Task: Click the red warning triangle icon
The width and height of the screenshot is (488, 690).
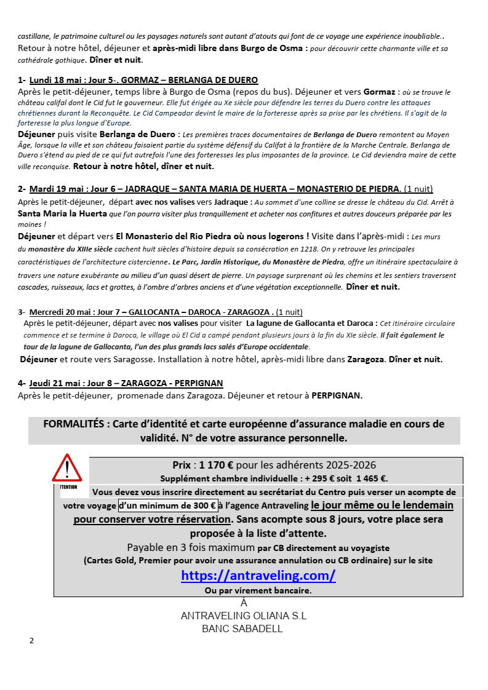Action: tap(66, 469)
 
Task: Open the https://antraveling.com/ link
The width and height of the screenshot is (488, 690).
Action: tap(258, 576)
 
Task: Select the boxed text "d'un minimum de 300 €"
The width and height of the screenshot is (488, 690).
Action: tap(167, 506)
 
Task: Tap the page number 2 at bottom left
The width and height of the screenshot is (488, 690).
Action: tap(32, 641)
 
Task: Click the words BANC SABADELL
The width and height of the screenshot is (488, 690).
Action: tap(242, 629)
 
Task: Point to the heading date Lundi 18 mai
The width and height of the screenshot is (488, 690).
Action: tap(54, 80)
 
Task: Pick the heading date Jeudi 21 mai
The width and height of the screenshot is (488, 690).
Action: tap(54, 383)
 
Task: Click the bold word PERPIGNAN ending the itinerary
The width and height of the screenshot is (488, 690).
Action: tap(337, 396)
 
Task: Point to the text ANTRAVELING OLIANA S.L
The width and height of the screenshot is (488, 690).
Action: tap(244, 616)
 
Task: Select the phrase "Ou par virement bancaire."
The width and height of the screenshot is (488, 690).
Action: tap(258, 590)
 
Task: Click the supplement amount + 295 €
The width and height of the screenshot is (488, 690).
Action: tap(321, 478)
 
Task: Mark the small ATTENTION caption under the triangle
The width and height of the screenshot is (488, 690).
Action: tap(68, 486)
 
